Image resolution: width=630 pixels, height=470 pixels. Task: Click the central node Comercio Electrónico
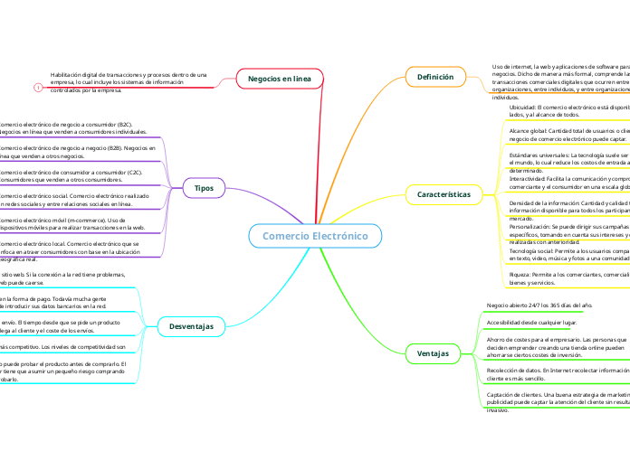[315, 236]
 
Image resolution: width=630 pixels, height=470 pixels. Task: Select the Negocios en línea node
[279, 80]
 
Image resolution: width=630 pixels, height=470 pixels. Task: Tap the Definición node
[434, 78]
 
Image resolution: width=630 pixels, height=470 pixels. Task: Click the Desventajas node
[191, 325]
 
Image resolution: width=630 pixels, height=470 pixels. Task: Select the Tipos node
[204, 188]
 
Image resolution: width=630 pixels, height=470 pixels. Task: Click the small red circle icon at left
[37, 88]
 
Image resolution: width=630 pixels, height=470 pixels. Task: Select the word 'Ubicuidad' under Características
[527, 107]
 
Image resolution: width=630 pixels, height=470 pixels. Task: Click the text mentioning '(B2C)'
[66, 128]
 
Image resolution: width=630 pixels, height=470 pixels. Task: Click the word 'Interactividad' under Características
[525, 179]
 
